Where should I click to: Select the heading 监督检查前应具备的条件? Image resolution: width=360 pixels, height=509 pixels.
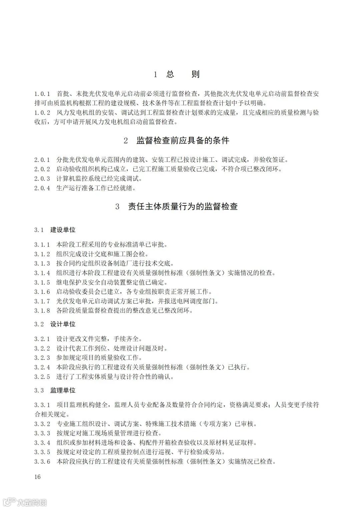click(183, 141)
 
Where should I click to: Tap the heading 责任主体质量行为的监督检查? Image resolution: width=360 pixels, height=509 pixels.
click(183, 207)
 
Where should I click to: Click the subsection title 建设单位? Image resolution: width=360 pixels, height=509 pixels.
click(63, 230)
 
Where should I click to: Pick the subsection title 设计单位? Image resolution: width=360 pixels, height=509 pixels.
click(63, 324)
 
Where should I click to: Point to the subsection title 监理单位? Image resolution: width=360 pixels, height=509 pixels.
click(63, 390)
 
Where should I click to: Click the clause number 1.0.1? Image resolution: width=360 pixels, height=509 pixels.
click(42, 94)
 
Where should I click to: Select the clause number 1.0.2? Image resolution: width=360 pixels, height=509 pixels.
click(42, 113)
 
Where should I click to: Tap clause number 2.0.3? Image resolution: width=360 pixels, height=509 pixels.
click(42, 179)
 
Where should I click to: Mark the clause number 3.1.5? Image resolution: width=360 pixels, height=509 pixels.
click(42, 282)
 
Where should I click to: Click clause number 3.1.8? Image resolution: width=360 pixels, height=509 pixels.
click(42, 311)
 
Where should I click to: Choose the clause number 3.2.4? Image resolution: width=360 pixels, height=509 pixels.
click(42, 367)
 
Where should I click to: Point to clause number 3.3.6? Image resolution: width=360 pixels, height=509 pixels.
click(42, 462)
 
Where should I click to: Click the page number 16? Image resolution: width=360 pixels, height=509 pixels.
click(37, 477)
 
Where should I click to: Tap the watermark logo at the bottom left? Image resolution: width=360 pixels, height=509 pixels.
click(25, 502)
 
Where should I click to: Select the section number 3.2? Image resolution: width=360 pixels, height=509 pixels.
click(39, 324)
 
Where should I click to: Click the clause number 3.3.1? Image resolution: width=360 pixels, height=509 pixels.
click(42, 405)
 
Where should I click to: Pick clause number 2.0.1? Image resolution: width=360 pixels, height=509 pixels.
click(42, 160)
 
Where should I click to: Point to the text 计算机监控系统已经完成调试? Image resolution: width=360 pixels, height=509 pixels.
click(99, 179)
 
